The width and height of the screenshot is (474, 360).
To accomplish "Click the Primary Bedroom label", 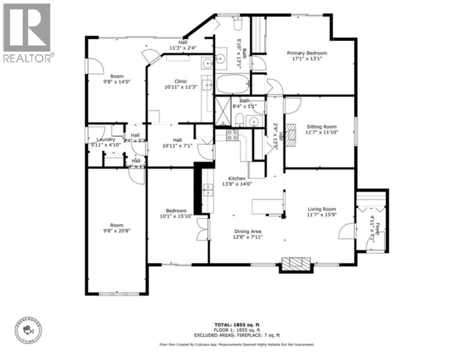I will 307,53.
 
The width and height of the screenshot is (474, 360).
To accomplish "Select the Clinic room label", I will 181,81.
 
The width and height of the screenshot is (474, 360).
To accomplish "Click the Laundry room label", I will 105,140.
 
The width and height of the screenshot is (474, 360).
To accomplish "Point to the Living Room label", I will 321,209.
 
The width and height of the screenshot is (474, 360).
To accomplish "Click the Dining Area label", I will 248,231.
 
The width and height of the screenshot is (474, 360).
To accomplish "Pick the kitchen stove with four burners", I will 231,134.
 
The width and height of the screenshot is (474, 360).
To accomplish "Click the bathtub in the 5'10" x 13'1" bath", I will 232,84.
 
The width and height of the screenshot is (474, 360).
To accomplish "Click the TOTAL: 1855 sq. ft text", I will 236,325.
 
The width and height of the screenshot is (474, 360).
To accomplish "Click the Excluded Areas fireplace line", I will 236,336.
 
